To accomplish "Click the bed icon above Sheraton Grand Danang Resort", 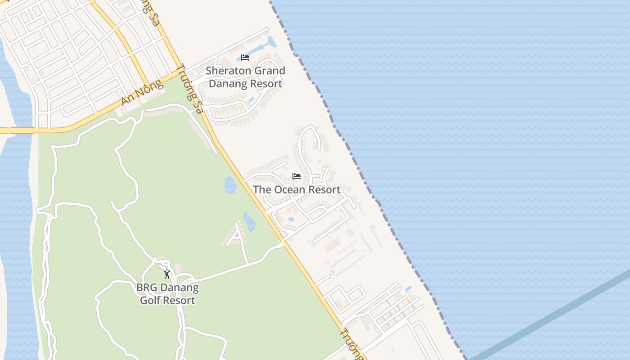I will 245,58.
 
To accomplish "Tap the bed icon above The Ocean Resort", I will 297,176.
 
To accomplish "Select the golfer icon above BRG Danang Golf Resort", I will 167,274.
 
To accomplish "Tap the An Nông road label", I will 141,93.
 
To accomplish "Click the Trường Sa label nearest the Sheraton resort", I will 189,89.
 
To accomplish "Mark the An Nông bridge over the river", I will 22,130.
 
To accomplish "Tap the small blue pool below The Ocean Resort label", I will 291,219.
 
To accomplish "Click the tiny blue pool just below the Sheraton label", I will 252,99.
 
